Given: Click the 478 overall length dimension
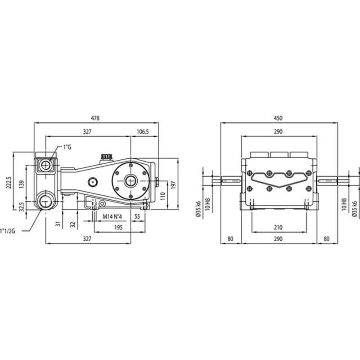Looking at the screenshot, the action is (95, 118).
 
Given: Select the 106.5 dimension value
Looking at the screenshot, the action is (143, 131).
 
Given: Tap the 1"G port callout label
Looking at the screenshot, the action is (67, 147).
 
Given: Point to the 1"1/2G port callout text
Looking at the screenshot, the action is (8, 231).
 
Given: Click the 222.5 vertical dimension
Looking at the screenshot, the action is (9, 183).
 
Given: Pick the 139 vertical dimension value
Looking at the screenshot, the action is (22, 184).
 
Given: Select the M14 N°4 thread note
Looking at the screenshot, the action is (112, 216).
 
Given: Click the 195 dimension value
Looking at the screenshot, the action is (118, 228).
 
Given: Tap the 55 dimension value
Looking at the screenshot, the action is (137, 216).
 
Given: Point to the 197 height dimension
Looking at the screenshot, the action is (173, 185).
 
